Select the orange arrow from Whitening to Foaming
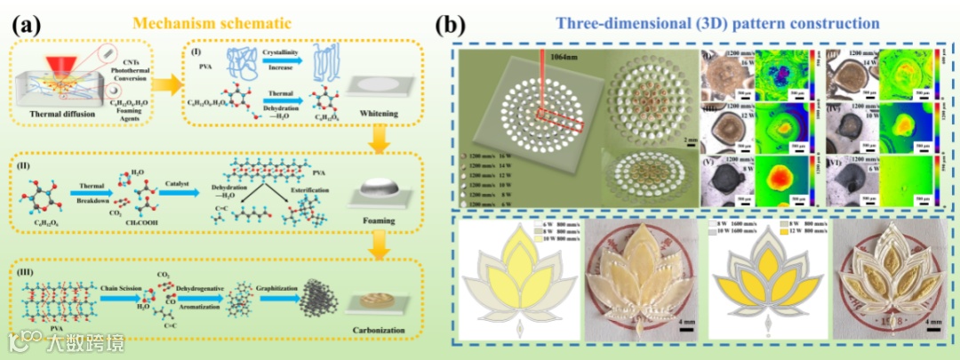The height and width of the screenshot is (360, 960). click(380, 138)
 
